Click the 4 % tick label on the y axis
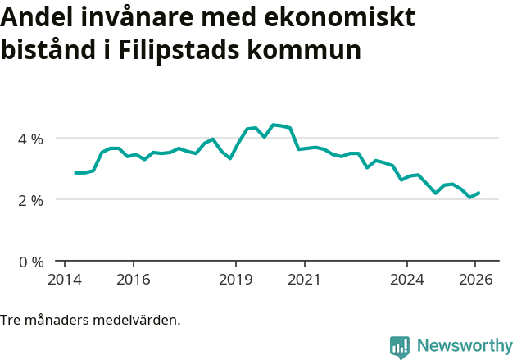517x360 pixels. [x=31, y=138]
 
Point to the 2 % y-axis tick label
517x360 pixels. [x=31, y=199]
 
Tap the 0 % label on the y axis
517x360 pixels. [x=31, y=262]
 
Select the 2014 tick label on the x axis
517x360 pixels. [x=65, y=279]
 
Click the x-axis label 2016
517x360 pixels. [x=134, y=279]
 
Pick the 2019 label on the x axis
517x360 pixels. [x=236, y=279]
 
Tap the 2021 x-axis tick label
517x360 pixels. [x=304, y=279]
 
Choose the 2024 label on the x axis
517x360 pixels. [x=407, y=279]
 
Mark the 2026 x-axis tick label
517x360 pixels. [x=475, y=279]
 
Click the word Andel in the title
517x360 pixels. [x=35, y=17]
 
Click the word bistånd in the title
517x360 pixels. [x=48, y=50]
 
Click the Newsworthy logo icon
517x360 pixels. [x=400, y=346]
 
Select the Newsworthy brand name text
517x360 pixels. [x=464, y=345]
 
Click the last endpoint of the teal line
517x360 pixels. [x=479, y=193]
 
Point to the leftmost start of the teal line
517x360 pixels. [x=75, y=173]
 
